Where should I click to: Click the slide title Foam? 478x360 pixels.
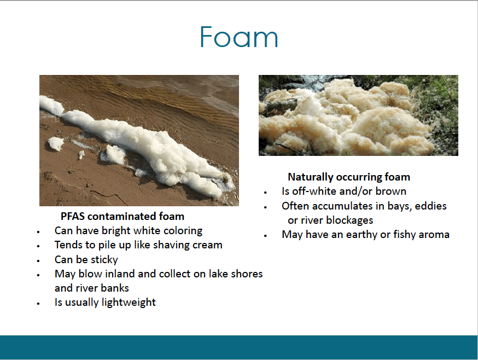[x=239, y=37]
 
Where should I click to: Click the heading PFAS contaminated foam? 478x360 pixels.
[x=123, y=216]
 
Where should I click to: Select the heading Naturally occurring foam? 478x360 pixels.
[x=349, y=177]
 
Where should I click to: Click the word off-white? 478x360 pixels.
[x=314, y=191]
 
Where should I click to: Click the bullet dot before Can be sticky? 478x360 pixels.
[x=38, y=261]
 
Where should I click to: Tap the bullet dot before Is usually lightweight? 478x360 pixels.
[x=38, y=304]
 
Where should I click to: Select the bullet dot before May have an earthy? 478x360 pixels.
[x=265, y=236]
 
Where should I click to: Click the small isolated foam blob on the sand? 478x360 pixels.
[x=56, y=143]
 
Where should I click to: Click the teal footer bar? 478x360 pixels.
[x=239, y=347]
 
